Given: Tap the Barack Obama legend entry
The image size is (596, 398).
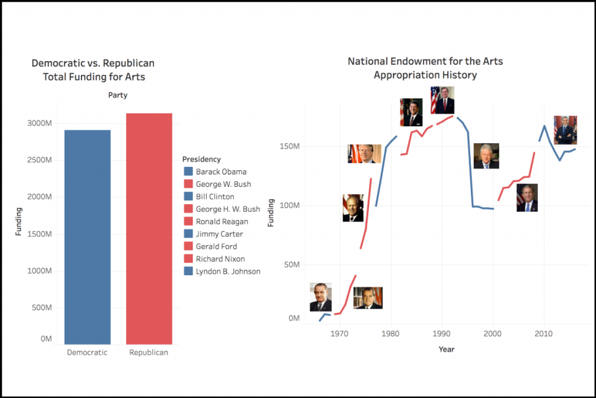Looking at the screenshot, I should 221,172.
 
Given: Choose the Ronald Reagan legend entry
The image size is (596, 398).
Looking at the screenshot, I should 222,222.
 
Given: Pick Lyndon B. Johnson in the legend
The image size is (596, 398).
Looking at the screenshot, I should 228,272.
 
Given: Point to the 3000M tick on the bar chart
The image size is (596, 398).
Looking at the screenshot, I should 40,123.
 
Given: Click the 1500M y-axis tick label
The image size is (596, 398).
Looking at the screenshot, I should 40,234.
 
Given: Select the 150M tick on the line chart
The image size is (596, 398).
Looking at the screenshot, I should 289,146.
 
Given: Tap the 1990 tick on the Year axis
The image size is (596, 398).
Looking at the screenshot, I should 441,334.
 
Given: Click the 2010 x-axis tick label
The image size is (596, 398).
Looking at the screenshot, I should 544,334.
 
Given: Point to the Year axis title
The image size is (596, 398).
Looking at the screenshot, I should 446,349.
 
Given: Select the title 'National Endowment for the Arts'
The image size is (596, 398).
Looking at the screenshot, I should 425,61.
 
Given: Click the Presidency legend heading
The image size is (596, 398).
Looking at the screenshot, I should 201,159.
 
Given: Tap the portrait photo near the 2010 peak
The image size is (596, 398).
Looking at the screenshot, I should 565,130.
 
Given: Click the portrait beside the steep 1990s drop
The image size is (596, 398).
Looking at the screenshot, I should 486,156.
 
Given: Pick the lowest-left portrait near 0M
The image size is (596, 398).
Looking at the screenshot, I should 321,297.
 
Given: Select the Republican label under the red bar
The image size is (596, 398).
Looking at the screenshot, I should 148,353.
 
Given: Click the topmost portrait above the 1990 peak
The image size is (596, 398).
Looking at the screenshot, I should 442,100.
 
